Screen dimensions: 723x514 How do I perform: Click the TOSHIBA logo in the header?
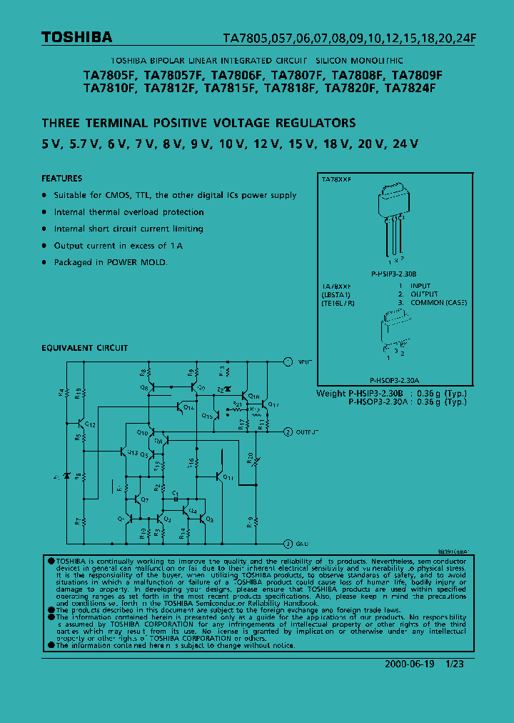tap(76, 37)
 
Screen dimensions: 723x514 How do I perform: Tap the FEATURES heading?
tap(61, 179)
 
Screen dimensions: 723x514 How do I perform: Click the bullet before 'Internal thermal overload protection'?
tap(44, 212)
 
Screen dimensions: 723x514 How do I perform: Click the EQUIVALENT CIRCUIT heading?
tap(84, 348)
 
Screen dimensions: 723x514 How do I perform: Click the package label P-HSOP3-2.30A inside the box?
tap(394, 381)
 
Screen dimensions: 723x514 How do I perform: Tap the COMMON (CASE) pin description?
tap(438, 302)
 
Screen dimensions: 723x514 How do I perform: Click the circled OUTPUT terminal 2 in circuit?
tap(287, 432)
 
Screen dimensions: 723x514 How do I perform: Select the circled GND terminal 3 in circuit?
tap(287, 543)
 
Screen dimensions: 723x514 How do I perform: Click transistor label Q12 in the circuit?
tap(91, 424)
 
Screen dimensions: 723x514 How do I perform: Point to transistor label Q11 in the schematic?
tap(228, 477)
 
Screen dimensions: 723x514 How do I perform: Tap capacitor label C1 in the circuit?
tap(176, 492)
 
